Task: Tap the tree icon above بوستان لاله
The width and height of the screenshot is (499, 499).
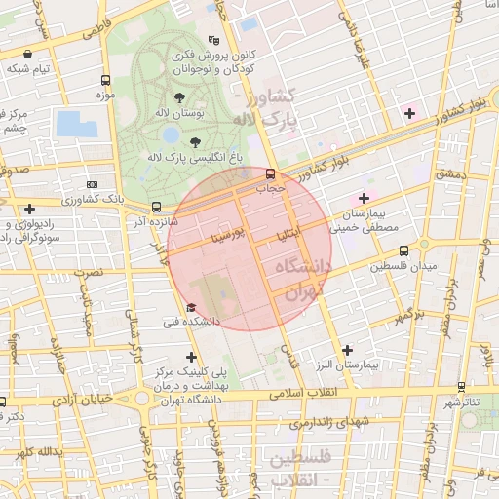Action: coord(179,97)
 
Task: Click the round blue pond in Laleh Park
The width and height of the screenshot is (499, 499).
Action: coord(172,134)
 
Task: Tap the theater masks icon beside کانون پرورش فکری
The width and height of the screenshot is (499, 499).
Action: coord(213,41)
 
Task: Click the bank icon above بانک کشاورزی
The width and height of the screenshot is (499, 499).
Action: coord(92,183)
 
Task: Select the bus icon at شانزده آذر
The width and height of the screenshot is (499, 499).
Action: coord(156,207)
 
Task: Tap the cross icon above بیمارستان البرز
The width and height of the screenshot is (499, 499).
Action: coord(348,349)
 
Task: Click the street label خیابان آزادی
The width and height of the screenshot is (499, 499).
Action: coord(86,400)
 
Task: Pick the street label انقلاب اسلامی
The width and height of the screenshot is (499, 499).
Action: coord(307,393)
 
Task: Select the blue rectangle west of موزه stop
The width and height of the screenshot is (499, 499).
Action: coord(76,124)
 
